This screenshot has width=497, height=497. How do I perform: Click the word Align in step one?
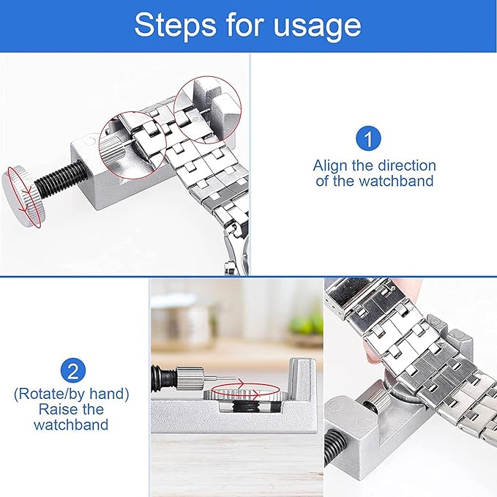point(331,165)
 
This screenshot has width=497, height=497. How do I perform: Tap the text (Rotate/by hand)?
point(71,394)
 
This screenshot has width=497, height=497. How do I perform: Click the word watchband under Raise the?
point(72,425)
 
